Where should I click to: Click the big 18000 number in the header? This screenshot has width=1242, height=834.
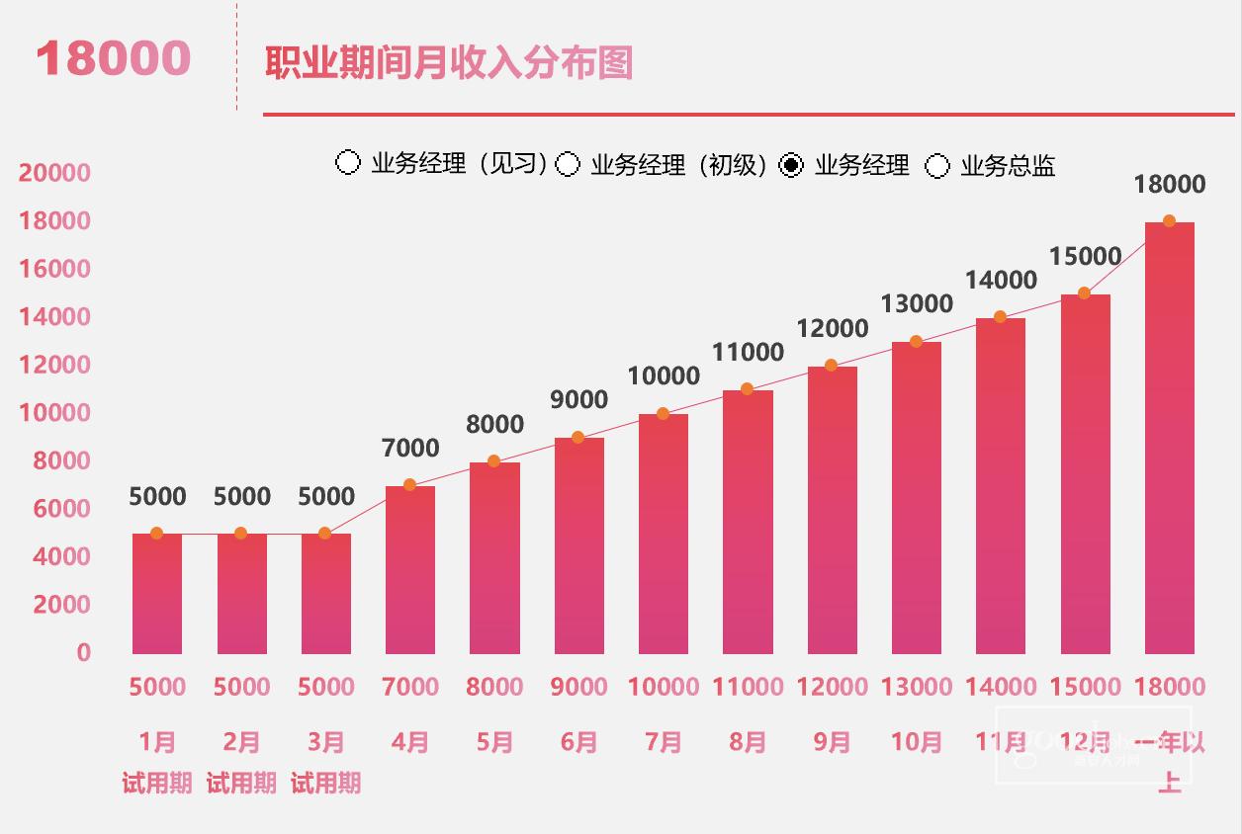(113, 59)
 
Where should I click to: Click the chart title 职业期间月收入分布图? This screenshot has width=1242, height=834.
(449, 63)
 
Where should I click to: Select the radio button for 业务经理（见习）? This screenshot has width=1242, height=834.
(348, 163)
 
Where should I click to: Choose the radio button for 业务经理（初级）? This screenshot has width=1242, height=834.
(568, 164)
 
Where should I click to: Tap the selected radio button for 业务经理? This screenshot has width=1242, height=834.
(791, 165)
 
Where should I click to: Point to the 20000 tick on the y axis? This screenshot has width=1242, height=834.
(54, 174)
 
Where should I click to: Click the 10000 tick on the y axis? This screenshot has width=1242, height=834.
(54, 413)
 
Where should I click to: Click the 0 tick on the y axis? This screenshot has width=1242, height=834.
(83, 653)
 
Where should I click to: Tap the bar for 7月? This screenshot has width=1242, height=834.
(664, 534)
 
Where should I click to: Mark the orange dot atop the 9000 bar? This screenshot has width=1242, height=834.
(578, 438)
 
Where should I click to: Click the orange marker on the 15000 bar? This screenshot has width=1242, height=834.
(1084, 293)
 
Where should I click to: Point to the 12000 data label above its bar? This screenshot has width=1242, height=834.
(832, 329)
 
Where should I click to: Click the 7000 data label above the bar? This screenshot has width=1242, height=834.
(410, 449)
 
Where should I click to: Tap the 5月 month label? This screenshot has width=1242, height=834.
(494, 741)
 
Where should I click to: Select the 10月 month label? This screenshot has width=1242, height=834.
(916, 741)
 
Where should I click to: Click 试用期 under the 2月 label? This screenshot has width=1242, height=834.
(241, 784)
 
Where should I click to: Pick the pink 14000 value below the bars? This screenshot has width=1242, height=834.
(1001, 687)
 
